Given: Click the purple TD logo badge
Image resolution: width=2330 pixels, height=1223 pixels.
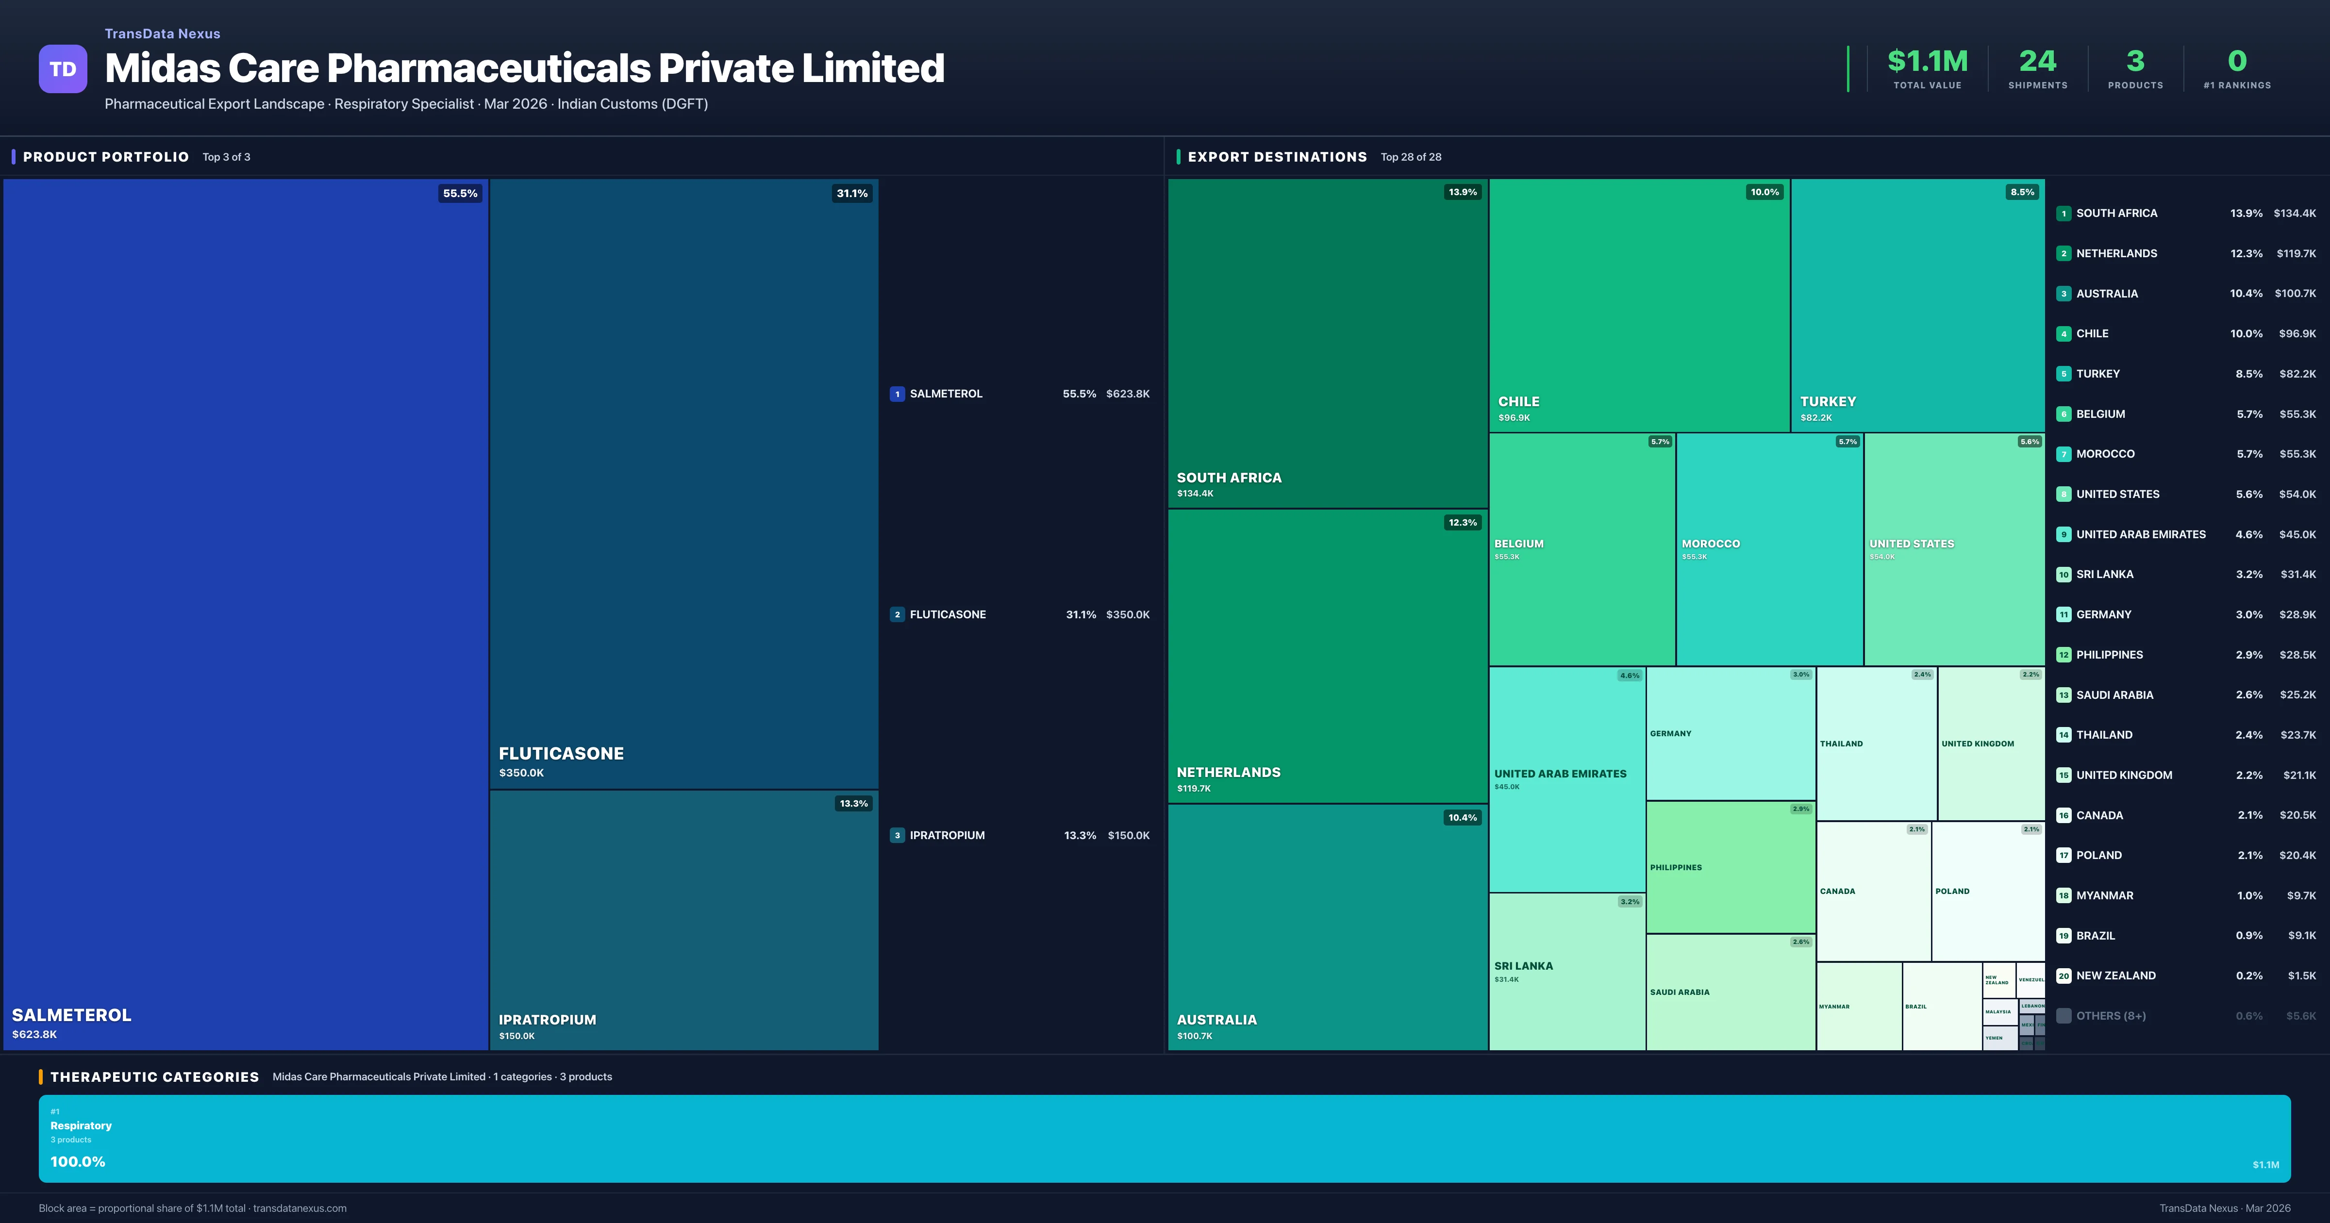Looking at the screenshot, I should [x=63, y=69].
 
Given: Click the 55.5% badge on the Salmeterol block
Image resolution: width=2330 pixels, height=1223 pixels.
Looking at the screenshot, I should [x=460, y=194].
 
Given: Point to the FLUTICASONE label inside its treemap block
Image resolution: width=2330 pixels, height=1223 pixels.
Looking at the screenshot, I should [x=561, y=754].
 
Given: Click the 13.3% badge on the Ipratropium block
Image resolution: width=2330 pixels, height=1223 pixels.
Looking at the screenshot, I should [x=853, y=803].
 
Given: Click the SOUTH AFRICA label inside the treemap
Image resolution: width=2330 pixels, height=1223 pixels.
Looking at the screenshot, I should [x=1228, y=478].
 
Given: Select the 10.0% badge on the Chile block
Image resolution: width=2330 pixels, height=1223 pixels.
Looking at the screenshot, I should [x=1764, y=192].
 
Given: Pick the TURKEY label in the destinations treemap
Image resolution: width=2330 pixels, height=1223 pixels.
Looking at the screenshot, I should [x=1827, y=402].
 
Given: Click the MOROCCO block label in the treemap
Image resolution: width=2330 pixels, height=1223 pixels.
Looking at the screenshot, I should [x=1711, y=544].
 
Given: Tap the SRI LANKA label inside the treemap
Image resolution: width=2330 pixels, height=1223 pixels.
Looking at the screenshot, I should [x=1523, y=966].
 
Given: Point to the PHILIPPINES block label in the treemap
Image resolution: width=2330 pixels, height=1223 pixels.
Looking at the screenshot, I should [x=1675, y=867].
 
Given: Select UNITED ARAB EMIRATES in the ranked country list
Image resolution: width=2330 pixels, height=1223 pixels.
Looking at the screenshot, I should [x=2140, y=535].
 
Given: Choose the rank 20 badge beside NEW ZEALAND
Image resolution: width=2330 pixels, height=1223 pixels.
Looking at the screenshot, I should [x=2063, y=976].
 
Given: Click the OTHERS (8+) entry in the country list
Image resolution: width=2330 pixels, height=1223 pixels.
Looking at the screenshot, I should [x=2110, y=1016].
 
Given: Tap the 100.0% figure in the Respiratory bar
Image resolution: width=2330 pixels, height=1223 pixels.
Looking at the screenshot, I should [x=78, y=1161].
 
